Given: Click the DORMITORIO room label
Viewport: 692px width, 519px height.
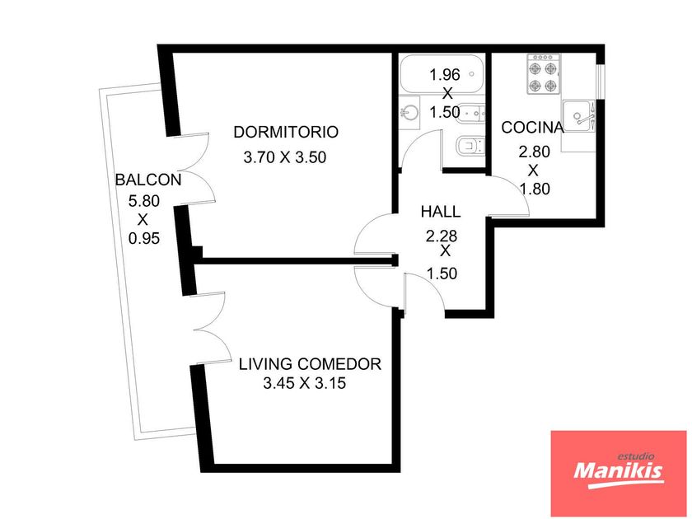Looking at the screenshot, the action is (286, 132).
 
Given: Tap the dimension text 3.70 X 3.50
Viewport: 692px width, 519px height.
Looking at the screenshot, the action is (285, 157).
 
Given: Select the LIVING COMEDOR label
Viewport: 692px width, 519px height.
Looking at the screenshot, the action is (310, 364).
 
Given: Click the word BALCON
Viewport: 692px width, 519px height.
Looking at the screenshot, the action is (148, 180).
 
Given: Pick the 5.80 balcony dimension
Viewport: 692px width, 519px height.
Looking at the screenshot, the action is (144, 201).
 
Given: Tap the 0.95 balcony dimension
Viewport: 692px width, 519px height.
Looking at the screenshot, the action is (144, 239).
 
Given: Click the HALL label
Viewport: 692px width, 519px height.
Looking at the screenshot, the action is (441, 212).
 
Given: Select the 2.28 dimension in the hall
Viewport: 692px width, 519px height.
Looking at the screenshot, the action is (442, 236).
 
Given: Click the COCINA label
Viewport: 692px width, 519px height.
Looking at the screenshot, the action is (532, 128).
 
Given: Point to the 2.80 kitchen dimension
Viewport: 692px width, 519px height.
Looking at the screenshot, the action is (534, 152).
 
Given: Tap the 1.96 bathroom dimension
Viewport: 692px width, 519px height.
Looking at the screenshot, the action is (445, 75).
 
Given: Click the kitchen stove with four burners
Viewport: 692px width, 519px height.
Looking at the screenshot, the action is (543, 73).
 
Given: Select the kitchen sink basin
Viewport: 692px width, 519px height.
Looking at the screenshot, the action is (578, 116).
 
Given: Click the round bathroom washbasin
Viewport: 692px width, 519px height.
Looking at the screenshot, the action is (409, 113).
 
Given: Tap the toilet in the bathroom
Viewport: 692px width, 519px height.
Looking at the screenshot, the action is (470, 146).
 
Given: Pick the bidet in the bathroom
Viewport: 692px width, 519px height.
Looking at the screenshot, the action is (470, 113).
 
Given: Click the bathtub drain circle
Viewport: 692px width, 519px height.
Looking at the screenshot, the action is (472, 73).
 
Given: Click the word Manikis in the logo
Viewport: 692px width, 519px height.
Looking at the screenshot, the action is (619, 471).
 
